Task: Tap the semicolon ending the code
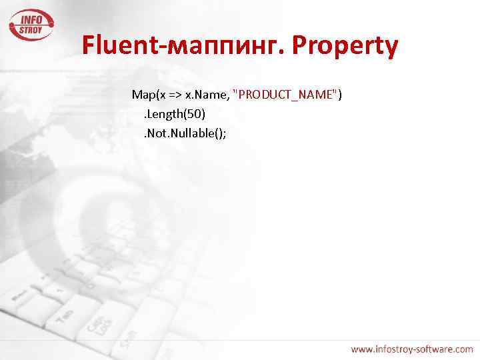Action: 225,134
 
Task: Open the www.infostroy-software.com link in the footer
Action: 412,349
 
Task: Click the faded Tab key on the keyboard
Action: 64,313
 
